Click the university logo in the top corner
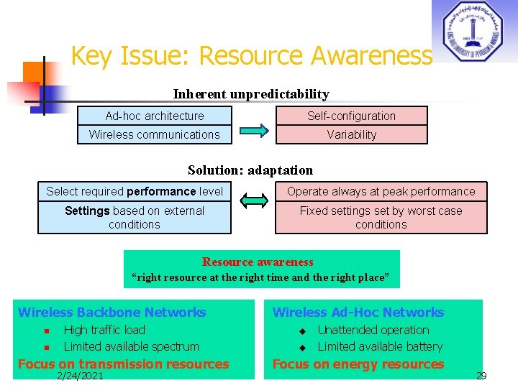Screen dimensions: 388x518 coord(473,30)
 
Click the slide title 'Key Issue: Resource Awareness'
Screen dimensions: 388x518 coord(251,55)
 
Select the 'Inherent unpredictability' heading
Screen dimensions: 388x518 coord(251,94)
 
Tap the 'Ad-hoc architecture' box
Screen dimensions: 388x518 coord(155,116)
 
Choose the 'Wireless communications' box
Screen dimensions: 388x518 coord(155,134)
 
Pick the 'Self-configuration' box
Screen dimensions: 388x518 coord(351,116)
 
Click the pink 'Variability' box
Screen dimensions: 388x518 coord(351,134)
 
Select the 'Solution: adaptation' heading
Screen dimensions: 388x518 coord(250,170)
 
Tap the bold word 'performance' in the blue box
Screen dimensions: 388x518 coord(161,192)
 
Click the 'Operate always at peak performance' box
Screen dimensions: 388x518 coord(381,192)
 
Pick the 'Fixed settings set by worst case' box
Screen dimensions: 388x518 coord(381,218)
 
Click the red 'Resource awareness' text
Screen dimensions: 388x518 coord(258,262)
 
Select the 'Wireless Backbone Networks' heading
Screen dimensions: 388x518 coord(112,313)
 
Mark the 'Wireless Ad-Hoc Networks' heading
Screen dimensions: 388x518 coord(358,313)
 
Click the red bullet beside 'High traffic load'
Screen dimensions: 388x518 coord(45,331)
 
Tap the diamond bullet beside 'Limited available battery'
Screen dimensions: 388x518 coord(303,348)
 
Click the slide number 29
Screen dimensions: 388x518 coord(481,376)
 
